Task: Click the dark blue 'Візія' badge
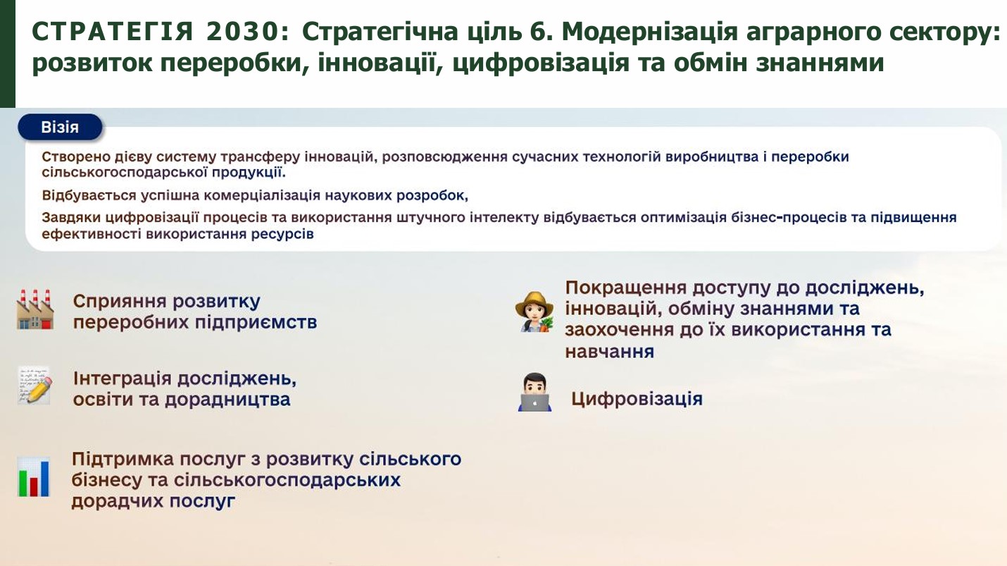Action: [60, 127]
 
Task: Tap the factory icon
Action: [35, 309]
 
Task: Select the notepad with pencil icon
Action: [35, 386]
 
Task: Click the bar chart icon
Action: [34, 477]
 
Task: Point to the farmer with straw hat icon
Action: [534, 312]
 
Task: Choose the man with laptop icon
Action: [534, 392]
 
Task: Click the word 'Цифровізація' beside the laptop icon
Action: [637, 399]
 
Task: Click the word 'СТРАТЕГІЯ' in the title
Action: [113, 32]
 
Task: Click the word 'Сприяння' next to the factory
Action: [120, 302]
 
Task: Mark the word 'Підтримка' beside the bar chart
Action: [123, 460]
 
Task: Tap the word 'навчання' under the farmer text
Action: [609, 352]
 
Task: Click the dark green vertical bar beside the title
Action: [8, 54]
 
